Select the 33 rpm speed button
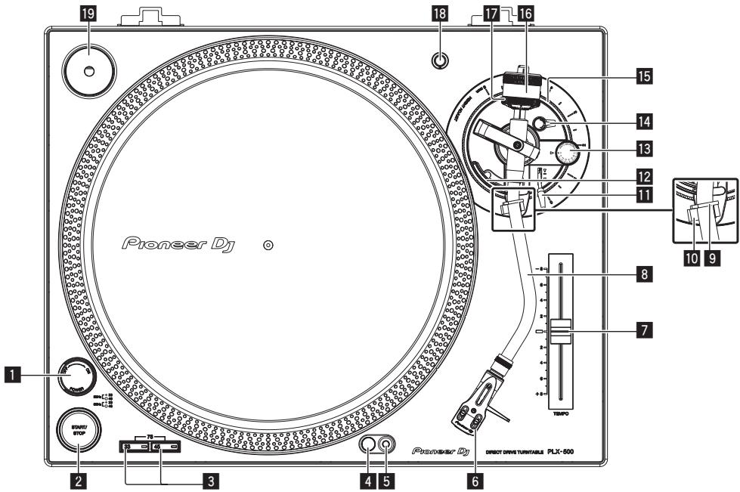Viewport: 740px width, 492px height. (x=136, y=448)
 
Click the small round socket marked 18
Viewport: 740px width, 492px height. (x=437, y=60)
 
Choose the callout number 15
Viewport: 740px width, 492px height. (x=644, y=76)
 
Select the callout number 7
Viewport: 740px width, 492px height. (x=644, y=330)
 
